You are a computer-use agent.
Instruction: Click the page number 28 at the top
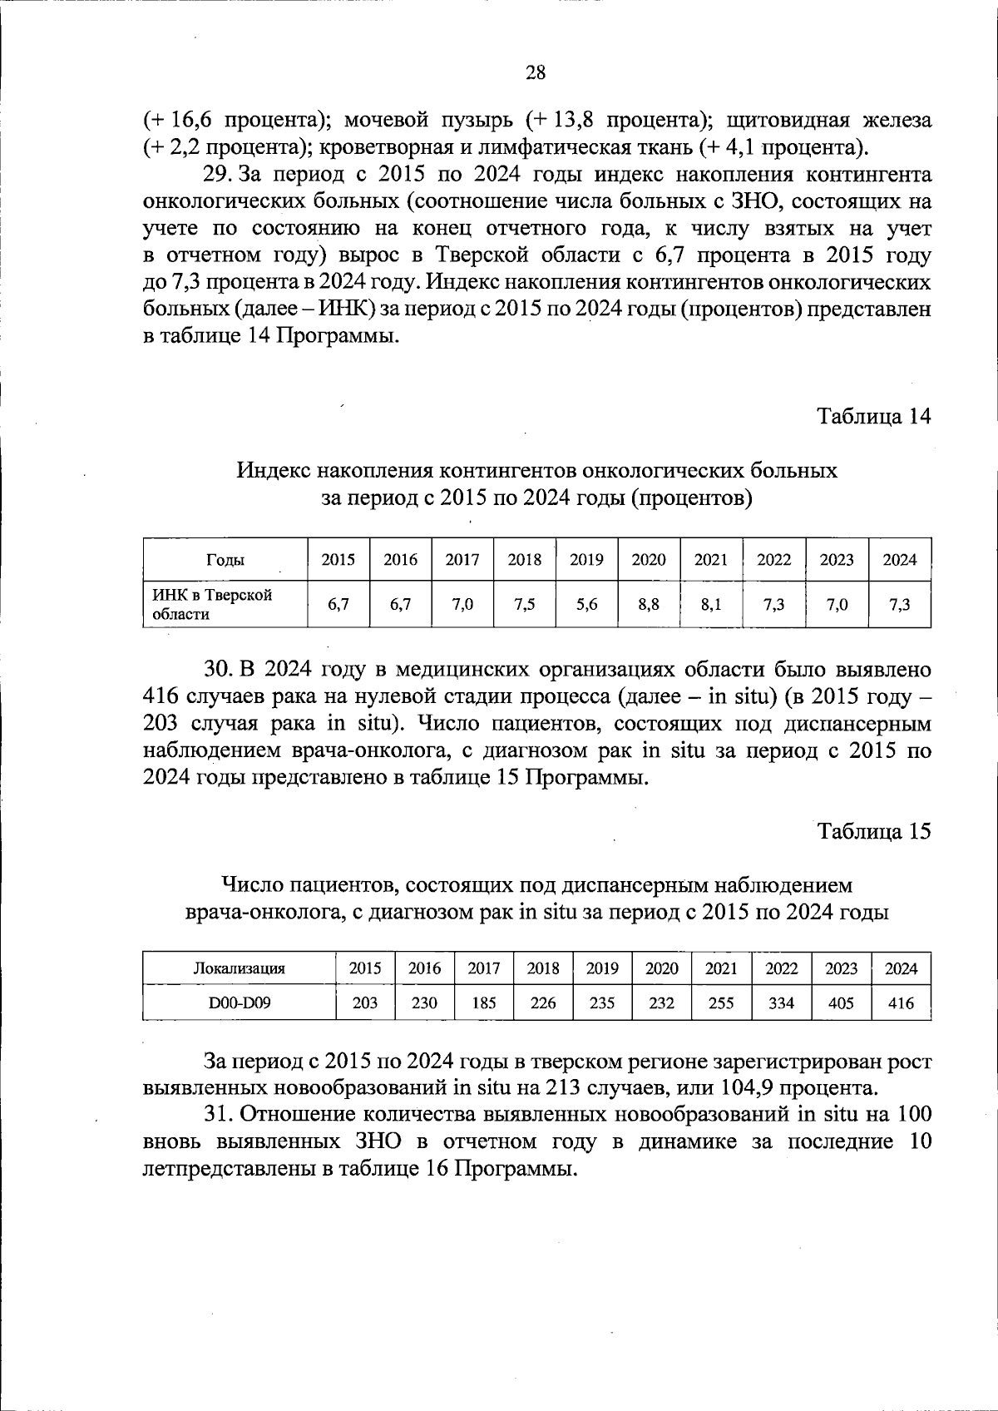tap(536, 73)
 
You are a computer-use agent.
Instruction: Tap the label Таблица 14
tap(873, 416)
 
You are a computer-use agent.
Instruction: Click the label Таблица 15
tap(873, 831)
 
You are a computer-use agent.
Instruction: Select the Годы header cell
tap(225, 560)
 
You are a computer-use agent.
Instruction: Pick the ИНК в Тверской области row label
tap(212, 605)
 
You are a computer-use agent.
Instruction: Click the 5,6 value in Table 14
tap(586, 605)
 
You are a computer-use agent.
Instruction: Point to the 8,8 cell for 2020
tap(649, 605)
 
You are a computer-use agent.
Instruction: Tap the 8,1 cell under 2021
tap(710, 605)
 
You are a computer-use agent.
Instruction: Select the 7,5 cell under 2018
tap(524, 605)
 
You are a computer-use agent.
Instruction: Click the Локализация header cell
tap(240, 968)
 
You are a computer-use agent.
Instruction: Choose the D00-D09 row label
tap(240, 1003)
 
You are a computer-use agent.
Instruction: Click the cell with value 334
tap(781, 1003)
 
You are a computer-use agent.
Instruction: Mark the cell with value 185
tap(484, 1003)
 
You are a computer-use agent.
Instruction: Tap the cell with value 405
tap(841, 1003)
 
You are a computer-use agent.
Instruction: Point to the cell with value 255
tap(721, 1003)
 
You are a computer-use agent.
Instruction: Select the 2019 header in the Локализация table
tap(602, 968)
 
